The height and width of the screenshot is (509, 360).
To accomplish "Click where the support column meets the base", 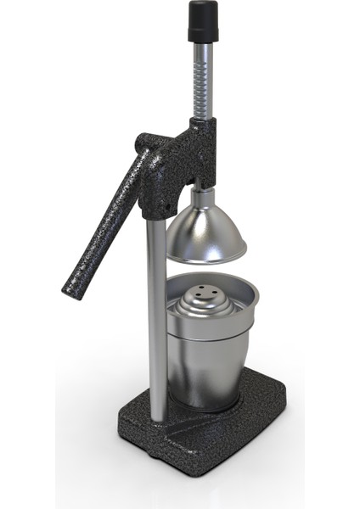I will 157,417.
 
